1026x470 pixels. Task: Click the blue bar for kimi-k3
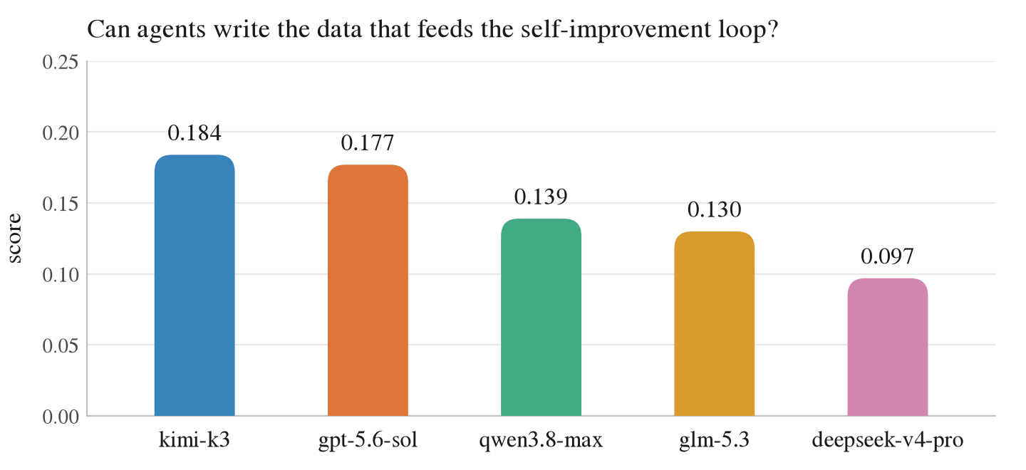pyautogui.click(x=195, y=285)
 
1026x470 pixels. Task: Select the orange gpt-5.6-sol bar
pyautogui.click(x=368, y=290)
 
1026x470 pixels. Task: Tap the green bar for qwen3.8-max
pyautogui.click(x=541, y=317)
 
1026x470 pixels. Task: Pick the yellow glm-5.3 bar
pyautogui.click(x=714, y=323)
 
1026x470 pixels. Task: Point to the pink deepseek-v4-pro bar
pyautogui.click(x=888, y=347)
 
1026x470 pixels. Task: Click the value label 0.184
pyautogui.click(x=195, y=133)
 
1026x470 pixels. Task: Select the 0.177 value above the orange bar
pyautogui.click(x=368, y=143)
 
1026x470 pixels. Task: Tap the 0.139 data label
pyautogui.click(x=541, y=197)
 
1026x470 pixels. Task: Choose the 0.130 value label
pyautogui.click(x=714, y=209)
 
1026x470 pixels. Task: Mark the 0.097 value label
pyautogui.click(x=888, y=256)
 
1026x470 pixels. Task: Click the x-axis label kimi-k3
pyautogui.click(x=195, y=440)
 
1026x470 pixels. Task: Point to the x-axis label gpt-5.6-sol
pyautogui.click(x=368, y=441)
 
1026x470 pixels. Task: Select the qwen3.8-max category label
pyautogui.click(x=541, y=441)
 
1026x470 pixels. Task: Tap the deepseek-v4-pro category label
pyautogui.click(x=888, y=441)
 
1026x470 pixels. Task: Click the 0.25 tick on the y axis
pyautogui.click(x=61, y=62)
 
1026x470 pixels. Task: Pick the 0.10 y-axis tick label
pyautogui.click(x=61, y=275)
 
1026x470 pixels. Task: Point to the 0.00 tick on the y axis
pyautogui.click(x=61, y=417)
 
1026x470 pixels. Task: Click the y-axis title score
pyautogui.click(x=15, y=239)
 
